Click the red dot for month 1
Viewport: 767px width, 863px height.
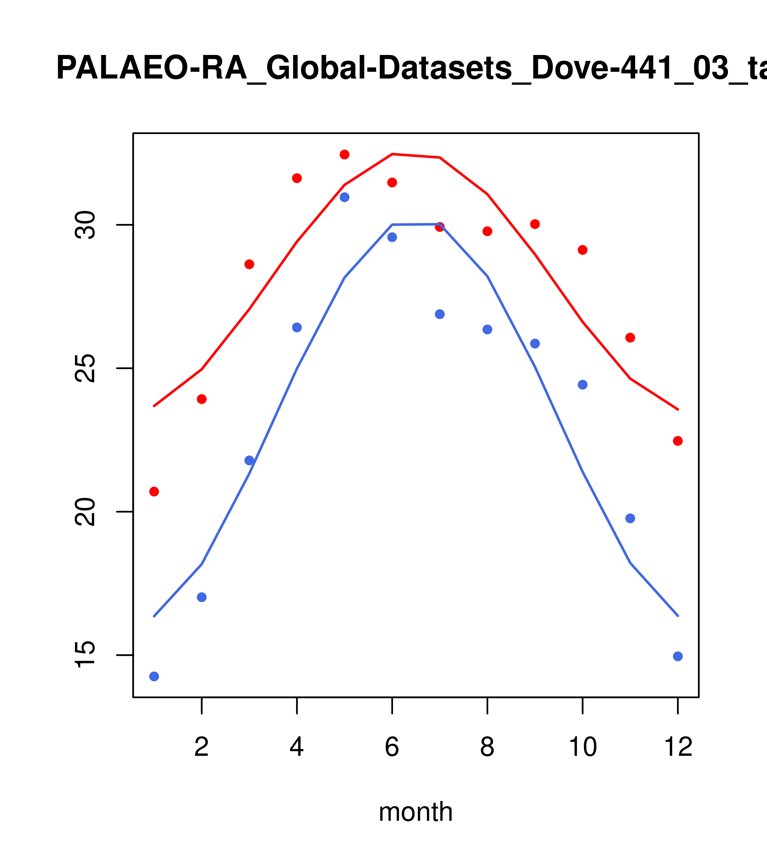click(154, 491)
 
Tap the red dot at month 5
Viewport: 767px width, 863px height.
click(345, 155)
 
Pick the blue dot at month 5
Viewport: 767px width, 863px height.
click(345, 197)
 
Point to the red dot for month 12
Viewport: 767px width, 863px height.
click(677, 441)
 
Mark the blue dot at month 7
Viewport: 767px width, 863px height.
click(440, 314)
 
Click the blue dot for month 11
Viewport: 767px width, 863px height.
click(630, 518)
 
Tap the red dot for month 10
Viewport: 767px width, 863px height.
click(582, 250)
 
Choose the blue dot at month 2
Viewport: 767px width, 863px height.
click(202, 597)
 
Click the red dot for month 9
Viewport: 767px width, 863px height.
click(535, 224)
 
